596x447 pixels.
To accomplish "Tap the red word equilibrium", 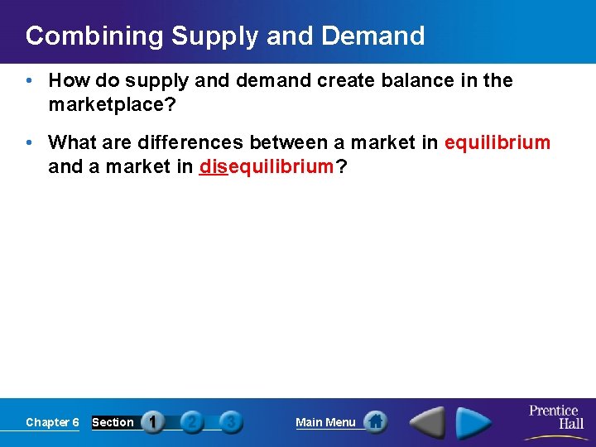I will [x=497, y=143].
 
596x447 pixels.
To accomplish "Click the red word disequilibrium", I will [x=265, y=166].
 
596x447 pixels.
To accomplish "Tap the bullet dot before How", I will [x=30, y=81].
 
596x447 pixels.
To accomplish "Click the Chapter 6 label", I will [x=52, y=422].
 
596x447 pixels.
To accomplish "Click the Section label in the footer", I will [x=113, y=422].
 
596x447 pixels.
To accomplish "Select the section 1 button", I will [x=152, y=422].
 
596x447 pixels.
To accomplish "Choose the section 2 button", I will [x=191, y=422].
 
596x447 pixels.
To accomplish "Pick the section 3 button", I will [x=231, y=422].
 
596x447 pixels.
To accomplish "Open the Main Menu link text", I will [x=325, y=422].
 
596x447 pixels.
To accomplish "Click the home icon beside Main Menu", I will [x=376, y=422].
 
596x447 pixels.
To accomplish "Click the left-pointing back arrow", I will [x=427, y=422].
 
